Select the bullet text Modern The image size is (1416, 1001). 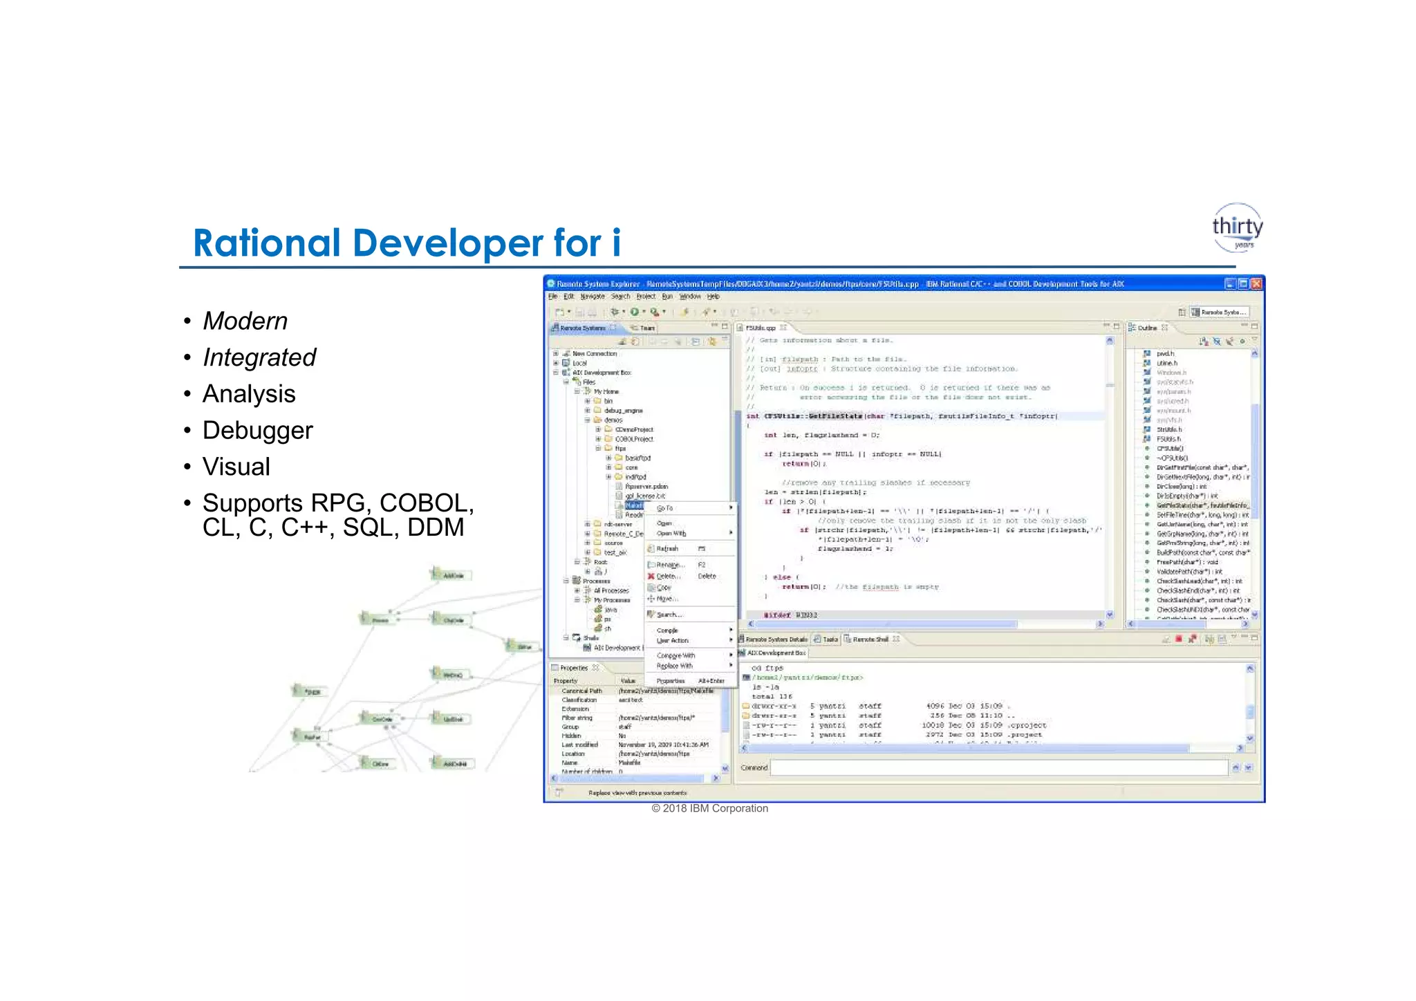tap(245, 321)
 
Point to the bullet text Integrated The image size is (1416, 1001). tap(259, 357)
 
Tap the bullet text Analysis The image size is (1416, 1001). tap(249, 394)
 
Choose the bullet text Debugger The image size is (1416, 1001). tap(257, 431)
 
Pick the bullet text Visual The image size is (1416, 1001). tap(236, 467)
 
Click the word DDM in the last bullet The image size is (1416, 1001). tap(436, 527)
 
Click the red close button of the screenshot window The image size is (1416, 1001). tap(1256, 284)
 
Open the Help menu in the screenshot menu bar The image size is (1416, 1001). tap(713, 297)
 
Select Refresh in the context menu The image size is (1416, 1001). tap(667, 549)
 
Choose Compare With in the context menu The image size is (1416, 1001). tap(676, 655)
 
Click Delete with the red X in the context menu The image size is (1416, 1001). tap(667, 577)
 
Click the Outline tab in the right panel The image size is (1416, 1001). tap(1147, 328)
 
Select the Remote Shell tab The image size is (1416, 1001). tap(870, 639)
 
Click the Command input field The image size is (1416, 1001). tap(998, 767)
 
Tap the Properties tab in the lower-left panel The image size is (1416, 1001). tap(574, 668)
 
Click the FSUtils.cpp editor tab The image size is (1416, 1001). tap(760, 328)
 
